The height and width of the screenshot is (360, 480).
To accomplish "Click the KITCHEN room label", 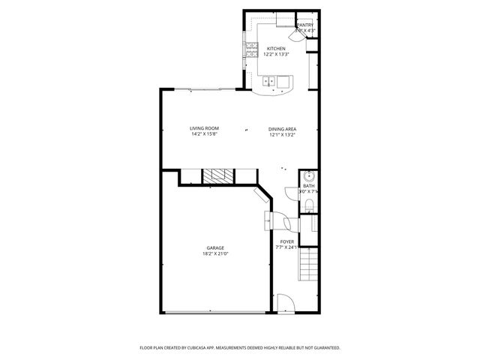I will pos(276,49).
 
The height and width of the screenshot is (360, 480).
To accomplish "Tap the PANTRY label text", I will pos(305,25).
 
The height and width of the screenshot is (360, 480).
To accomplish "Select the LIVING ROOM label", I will pos(203,129).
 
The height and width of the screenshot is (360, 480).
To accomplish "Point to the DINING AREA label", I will pos(283,129).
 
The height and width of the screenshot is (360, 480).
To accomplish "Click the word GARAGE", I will pos(215,247).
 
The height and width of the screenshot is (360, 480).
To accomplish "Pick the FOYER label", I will pos(287,241).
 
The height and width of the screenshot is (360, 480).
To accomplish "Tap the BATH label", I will pos(309,186).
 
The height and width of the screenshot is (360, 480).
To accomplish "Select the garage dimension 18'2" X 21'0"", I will pos(215,253).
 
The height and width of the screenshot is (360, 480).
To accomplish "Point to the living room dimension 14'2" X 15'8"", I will pos(203,135).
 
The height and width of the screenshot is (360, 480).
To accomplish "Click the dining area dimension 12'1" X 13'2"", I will pos(283,135).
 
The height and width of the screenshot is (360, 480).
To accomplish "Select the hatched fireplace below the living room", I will pos(218,177).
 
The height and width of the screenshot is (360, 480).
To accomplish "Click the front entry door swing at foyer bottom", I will pos(286,303).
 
